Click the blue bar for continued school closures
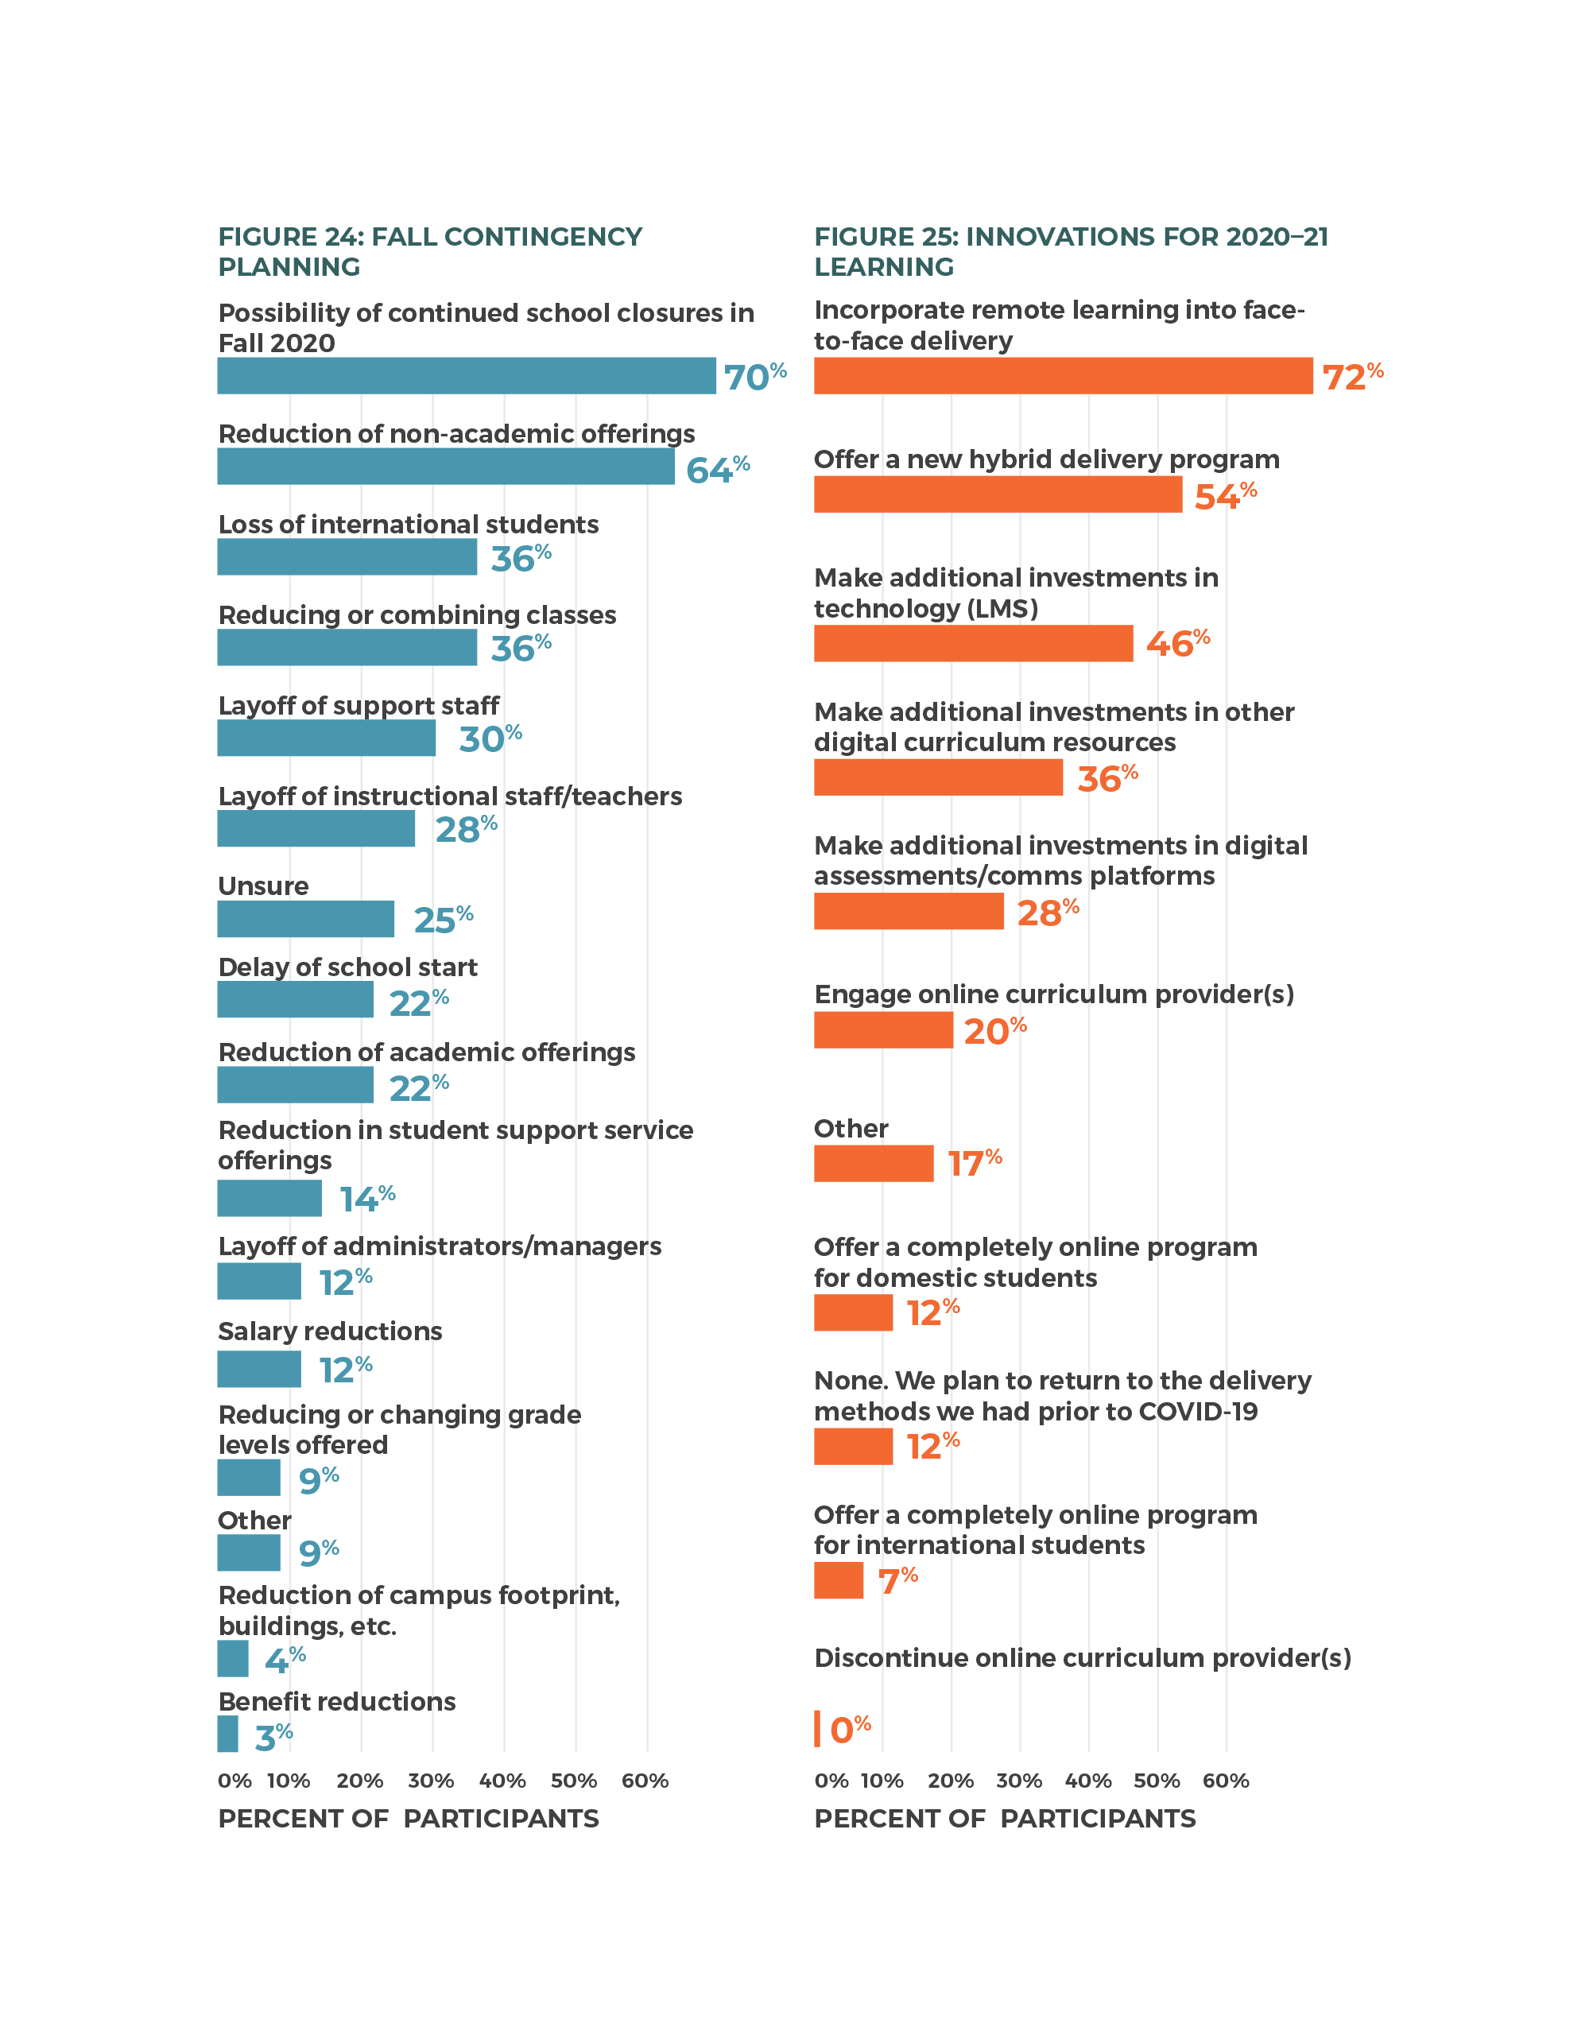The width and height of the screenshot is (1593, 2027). pos(467,376)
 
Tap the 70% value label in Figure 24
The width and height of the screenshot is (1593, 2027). pos(754,377)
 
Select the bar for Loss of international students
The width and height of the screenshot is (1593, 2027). pos(347,557)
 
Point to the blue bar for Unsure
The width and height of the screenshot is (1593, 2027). pos(306,919)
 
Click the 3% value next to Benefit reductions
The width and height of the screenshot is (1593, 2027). pos(273,1737)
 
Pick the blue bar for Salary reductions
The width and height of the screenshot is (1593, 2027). pos(259,1370)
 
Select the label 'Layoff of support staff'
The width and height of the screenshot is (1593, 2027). pos(359,705)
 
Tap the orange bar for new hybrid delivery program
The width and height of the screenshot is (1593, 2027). pos(998,494)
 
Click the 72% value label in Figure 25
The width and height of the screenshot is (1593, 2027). pos(1352,377)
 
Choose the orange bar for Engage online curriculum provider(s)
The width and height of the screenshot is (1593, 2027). pos(883,1031)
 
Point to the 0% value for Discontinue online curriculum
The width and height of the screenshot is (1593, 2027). pos(850,1730)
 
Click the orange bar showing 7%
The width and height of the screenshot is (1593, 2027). pos(839,1580)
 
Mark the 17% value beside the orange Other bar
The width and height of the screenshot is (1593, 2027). pos(975,1163)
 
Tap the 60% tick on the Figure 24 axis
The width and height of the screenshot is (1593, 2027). pos(645,1781)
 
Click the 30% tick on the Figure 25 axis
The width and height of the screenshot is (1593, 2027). pos(1019,1781)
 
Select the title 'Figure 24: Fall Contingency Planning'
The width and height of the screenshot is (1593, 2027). pos(430,251)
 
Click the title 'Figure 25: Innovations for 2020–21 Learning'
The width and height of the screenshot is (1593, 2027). pos(1071,251)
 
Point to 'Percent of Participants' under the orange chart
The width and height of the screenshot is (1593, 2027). pos(1005,1818)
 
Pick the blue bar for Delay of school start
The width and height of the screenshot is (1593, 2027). pos(296,1000)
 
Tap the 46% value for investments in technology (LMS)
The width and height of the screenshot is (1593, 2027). pos(1177,643)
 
